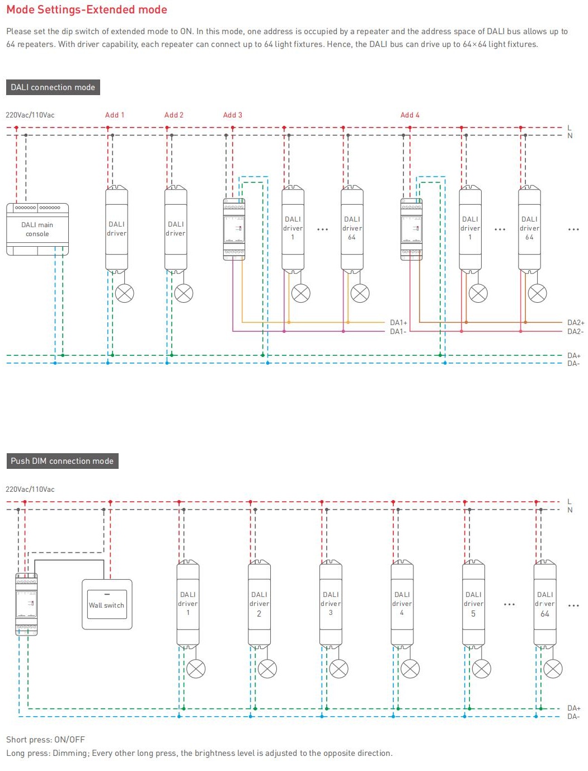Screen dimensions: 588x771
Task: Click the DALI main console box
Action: (x=37, y=229)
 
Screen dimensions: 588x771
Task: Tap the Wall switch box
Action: (x=107, y=604)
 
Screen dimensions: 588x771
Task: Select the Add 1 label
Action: (x=115, y=115)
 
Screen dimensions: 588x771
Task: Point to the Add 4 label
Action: (x=410, y=115)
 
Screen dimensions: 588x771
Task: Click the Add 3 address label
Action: (x=233, y=115)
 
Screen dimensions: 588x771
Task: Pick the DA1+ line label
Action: (x=398, y=322)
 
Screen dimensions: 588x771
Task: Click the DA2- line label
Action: (x=575, y=332)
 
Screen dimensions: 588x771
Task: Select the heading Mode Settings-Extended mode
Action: (x=87, y=10)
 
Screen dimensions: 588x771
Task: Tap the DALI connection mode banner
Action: (x=53, y=87)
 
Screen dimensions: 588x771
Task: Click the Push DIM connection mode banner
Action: (x=62, y=461)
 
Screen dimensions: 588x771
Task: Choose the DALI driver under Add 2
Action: (x=176, y=229)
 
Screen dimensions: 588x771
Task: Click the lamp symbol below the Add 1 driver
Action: (x=125, y=293)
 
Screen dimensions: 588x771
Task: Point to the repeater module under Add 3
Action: (x=234, y=229)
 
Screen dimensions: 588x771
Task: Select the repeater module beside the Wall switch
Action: (x=26, y=604)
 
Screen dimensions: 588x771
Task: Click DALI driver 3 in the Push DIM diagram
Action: (x=331, y=604)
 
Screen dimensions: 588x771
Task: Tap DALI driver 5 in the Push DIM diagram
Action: (x=473, y=604)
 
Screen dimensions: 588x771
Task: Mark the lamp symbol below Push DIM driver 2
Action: (x=267, y=669)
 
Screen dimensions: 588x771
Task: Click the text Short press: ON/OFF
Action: (x=46, y=739)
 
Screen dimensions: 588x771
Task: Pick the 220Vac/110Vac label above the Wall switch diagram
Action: (x=30, y=489)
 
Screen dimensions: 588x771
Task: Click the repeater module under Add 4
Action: (x=411, y=229)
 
